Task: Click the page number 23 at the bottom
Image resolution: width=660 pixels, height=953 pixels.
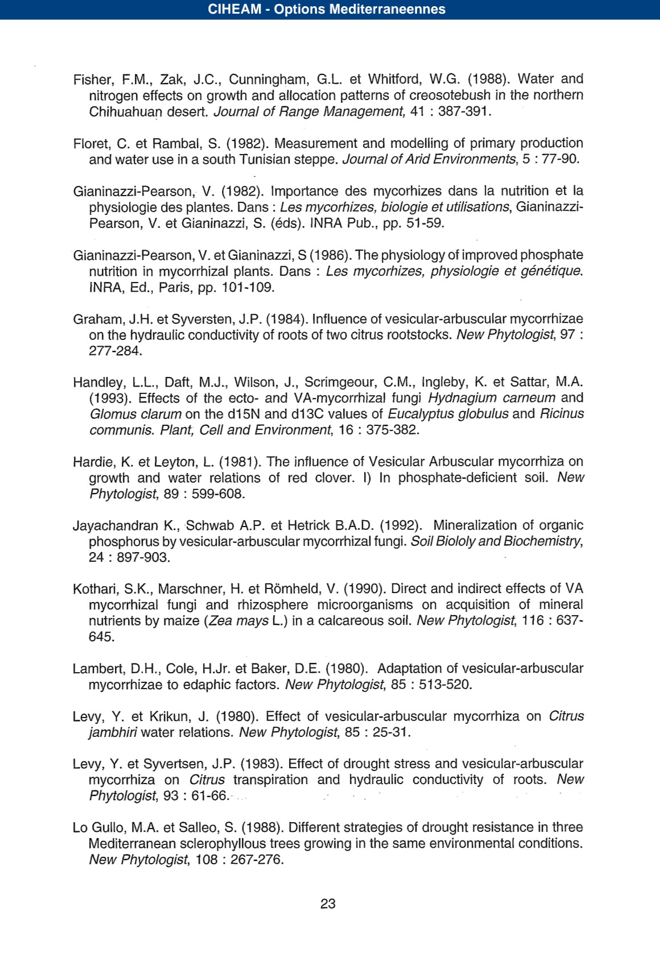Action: click(328, 904)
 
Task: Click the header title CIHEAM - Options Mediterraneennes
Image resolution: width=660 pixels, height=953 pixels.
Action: click(327, 10)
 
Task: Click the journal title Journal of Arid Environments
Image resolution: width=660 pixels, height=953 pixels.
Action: click(429, 159)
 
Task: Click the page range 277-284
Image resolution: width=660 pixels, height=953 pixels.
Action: click(115, 351)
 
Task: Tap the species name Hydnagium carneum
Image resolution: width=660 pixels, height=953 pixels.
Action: click(492, 398)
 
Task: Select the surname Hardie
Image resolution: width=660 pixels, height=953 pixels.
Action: click(91, 462)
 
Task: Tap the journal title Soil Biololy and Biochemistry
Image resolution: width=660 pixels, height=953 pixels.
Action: click(496, 541)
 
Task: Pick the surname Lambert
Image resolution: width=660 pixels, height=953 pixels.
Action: click(96, 669)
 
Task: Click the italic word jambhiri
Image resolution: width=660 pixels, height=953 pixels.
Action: click(113, 732)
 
